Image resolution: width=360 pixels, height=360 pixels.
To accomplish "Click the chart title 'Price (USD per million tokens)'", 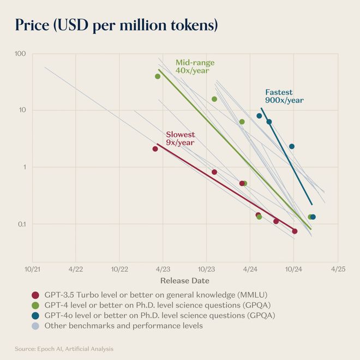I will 116,25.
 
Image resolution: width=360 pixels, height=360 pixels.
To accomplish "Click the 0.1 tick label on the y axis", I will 21,224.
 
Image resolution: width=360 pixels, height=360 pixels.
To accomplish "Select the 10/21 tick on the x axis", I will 32,269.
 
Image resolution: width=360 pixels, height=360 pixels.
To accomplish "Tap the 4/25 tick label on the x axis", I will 338,269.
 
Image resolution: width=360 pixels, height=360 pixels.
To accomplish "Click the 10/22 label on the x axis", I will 119,269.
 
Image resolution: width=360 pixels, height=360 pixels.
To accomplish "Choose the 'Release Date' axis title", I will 184,281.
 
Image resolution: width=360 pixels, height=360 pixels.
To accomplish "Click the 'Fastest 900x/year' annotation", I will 284,96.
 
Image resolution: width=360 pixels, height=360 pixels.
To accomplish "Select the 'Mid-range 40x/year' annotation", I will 195,67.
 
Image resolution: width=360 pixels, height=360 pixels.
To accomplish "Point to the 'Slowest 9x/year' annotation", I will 180,139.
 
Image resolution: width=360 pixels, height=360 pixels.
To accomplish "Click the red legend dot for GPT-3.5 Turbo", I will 35,295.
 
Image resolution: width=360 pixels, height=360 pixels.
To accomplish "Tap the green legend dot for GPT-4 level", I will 35,305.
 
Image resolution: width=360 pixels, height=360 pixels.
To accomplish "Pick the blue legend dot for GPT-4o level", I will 35,315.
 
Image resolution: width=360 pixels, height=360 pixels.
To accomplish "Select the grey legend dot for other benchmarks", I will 35,326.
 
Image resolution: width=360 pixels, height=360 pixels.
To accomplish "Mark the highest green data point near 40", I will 158,76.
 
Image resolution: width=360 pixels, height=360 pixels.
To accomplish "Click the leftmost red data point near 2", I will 155,149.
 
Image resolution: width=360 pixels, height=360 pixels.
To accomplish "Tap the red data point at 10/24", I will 295,231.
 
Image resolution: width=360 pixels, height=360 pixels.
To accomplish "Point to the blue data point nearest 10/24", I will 292,146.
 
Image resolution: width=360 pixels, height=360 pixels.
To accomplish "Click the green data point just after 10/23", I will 214,99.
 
